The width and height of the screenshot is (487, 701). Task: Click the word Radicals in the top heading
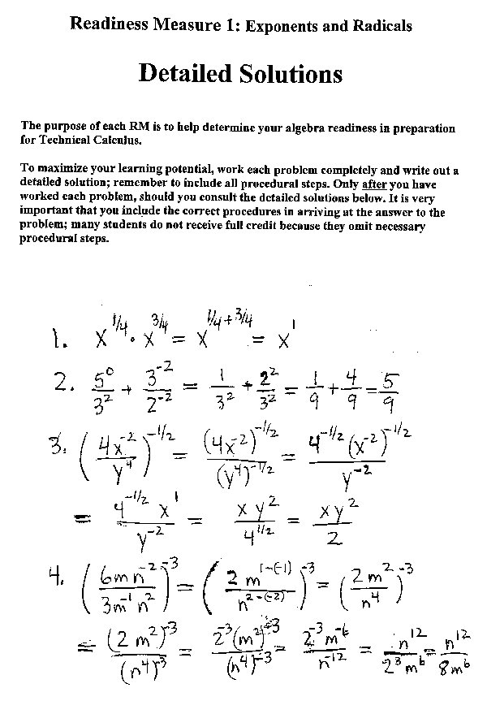(381, 26)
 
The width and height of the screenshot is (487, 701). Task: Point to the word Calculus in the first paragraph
(118, 140)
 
